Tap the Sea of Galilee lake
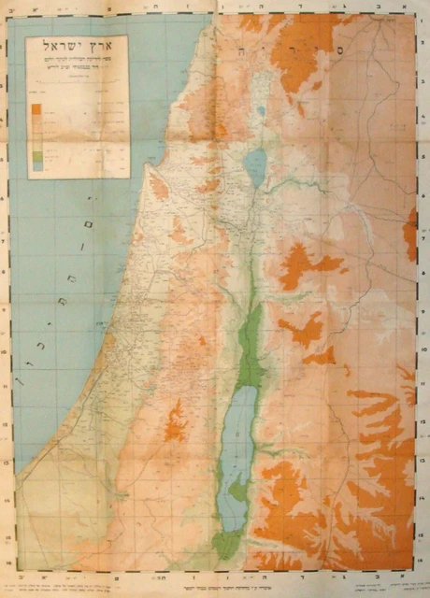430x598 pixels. [x=253, y=168]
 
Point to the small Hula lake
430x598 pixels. [x=261, y=110]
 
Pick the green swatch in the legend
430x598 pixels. [x=36, y=152]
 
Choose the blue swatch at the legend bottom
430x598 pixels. [x=36, y=165]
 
